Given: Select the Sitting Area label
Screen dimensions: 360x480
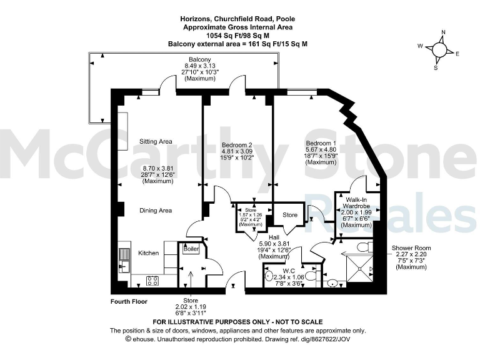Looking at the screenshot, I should (156, 141).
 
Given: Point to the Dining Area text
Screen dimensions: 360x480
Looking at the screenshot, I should (156, 211).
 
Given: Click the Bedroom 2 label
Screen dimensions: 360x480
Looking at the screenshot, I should (219, 144).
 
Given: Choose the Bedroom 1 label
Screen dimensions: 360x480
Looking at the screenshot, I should (321, 142).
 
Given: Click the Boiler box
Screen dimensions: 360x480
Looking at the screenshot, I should (191, 249).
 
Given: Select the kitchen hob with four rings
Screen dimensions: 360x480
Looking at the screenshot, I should (152, 281).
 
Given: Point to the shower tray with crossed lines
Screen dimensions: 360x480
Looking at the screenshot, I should (359, 269).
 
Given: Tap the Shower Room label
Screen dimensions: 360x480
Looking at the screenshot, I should (411, 247).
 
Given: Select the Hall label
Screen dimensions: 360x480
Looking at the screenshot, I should (273, 237).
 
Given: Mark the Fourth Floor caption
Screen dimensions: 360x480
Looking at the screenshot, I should (129, 301).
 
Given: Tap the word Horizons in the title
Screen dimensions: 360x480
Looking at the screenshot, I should (196, 19).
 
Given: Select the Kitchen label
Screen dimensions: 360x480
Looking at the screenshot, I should (148, 253).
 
